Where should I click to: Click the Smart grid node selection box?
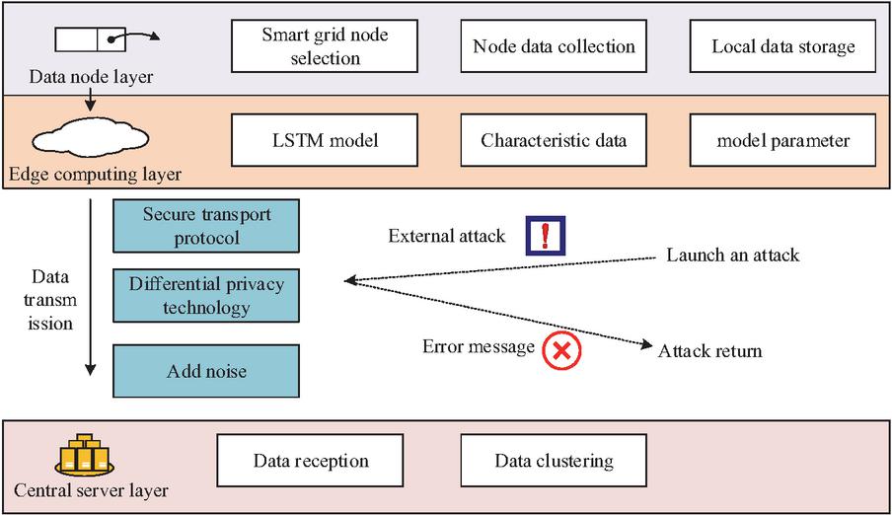point(325,46)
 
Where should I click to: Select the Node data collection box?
point(554,46)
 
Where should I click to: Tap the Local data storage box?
point(783,46)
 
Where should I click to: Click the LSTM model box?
point(325,140)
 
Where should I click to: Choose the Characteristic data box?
point(554,140)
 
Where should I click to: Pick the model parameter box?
point(783,140)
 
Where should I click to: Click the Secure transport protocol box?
point(206,226)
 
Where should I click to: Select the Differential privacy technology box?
point(206,295)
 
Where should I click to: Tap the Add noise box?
point(206,372)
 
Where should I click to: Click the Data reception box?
point(311,461)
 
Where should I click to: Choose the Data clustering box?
point(554,461)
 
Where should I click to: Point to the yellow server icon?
point(86,456)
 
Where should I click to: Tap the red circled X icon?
point(563,350)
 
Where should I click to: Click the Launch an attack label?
point(732,256)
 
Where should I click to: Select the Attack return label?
point(709,350)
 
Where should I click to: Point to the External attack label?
point(447,236)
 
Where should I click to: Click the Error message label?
point(479,346)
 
